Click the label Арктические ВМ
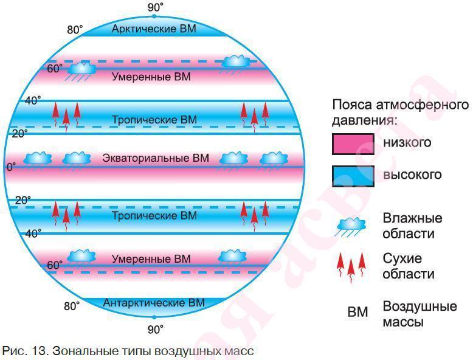(x=154, y=29)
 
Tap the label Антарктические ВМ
(x=154, y=303)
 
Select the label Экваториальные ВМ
(x=156, y=158)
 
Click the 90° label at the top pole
(x=156, y=7)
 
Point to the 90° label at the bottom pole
(x=156, y=330)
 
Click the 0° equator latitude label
(x=11, y=167)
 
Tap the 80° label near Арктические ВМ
(x=75, y=30)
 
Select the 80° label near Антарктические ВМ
(x=72, y=306)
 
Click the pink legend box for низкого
(x=353, y=144)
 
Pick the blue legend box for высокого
(x=353, y=176)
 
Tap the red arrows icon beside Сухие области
(x=351, y=267)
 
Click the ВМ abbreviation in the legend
(x=357, y=312)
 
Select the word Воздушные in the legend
(x=420, y=306)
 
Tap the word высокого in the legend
(x=412, y=175)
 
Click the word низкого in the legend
(x=407, y=143)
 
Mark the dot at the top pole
(x=154, y=16)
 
